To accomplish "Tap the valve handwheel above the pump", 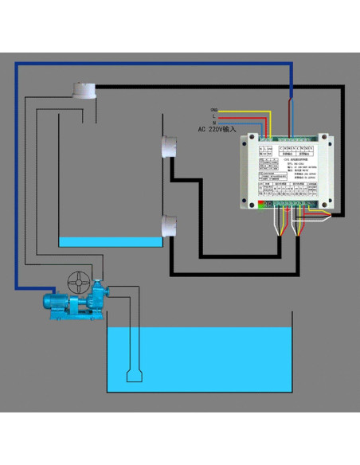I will [x=80, y=283].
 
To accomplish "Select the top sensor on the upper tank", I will [x=83, y=92].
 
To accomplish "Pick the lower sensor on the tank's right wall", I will [x=169, y=226].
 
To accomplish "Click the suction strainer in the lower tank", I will [x=134, y=374].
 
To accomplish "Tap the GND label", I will [x=213, y=109].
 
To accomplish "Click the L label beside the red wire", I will [x=214, y=115].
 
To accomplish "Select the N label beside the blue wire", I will [x=214, y=122].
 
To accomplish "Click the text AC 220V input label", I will [x=217, y=129].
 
